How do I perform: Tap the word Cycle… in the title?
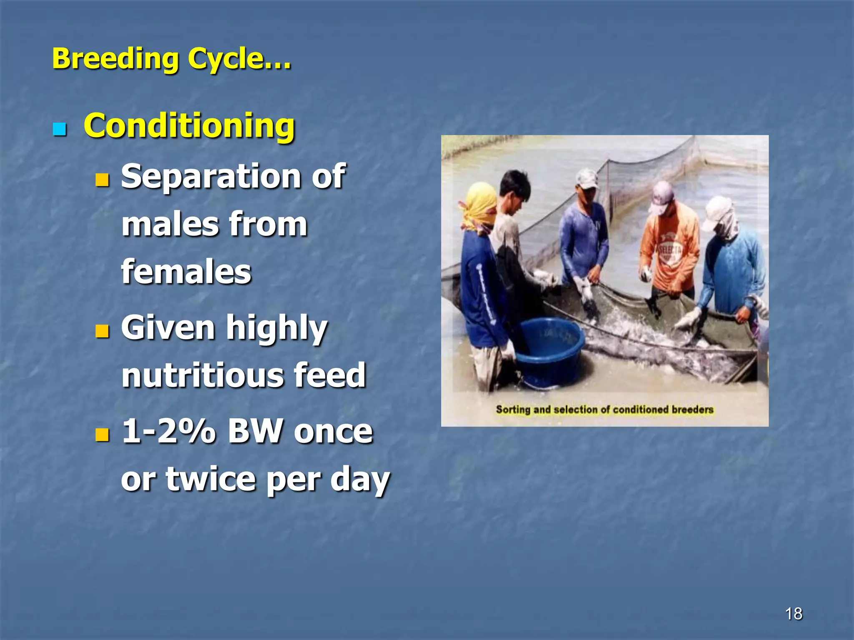[x=239, y=59]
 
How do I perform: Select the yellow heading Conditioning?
[x=189, y=126]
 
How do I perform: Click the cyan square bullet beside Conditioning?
[x=60, y=130]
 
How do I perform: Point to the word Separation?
[x=210, y=177]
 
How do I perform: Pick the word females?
[x=186, y=272]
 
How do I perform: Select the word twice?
[x=211, y=479]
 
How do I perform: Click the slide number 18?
[x=794, y=614]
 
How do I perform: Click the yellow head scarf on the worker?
[x=480, y=206]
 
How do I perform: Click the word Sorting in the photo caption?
[x=513, y=410]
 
